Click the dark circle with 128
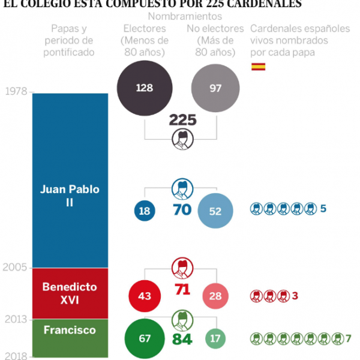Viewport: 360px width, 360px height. coord(144,88)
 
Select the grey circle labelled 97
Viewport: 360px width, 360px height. coord(215,88)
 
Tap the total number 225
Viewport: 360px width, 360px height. coord(182,120)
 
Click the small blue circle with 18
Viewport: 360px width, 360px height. coord(144,211)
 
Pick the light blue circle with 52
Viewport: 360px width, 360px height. coord(215,211)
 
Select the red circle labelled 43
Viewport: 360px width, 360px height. coord(144,296)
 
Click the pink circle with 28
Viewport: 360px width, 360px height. coord(215,296)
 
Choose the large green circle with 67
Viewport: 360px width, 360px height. coord(144,338)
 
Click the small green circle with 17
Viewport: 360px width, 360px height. coord(215,338)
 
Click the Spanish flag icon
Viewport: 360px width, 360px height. coord(258,66)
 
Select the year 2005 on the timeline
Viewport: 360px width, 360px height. coord(16,268)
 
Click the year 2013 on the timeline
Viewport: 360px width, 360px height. coord(16,319)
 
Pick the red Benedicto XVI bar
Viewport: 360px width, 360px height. coord(70,293)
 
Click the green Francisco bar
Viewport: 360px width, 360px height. coord(70,338)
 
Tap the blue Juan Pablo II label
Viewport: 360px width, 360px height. coord(70,196)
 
